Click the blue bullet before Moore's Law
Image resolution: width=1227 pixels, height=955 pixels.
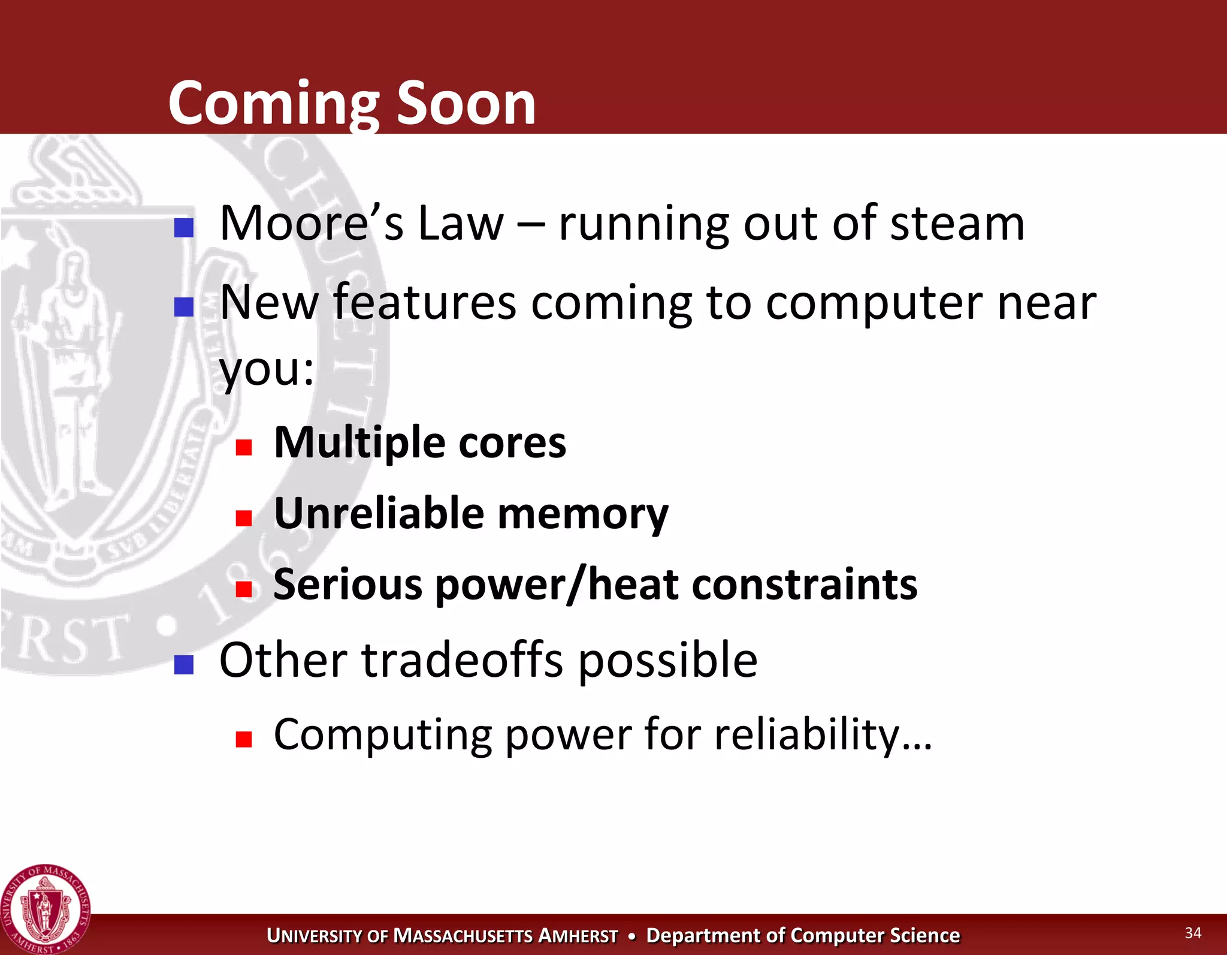click(x=183, y=228)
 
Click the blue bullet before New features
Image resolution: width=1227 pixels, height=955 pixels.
click(x=183, y=307)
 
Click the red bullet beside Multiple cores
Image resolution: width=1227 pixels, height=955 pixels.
click(x=243, y=447)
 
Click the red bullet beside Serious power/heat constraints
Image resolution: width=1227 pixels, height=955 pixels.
click(x=243, y=589)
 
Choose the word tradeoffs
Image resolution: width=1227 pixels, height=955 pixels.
click(x=462, y=660)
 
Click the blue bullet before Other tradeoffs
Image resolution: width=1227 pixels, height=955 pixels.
click(x=183, y=664)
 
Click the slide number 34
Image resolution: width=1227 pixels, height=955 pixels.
click(x=1192, y=933)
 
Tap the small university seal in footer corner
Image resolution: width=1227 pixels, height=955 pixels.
click(x=45, y=909)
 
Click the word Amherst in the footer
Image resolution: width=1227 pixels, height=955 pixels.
click(x=578, y=936)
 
